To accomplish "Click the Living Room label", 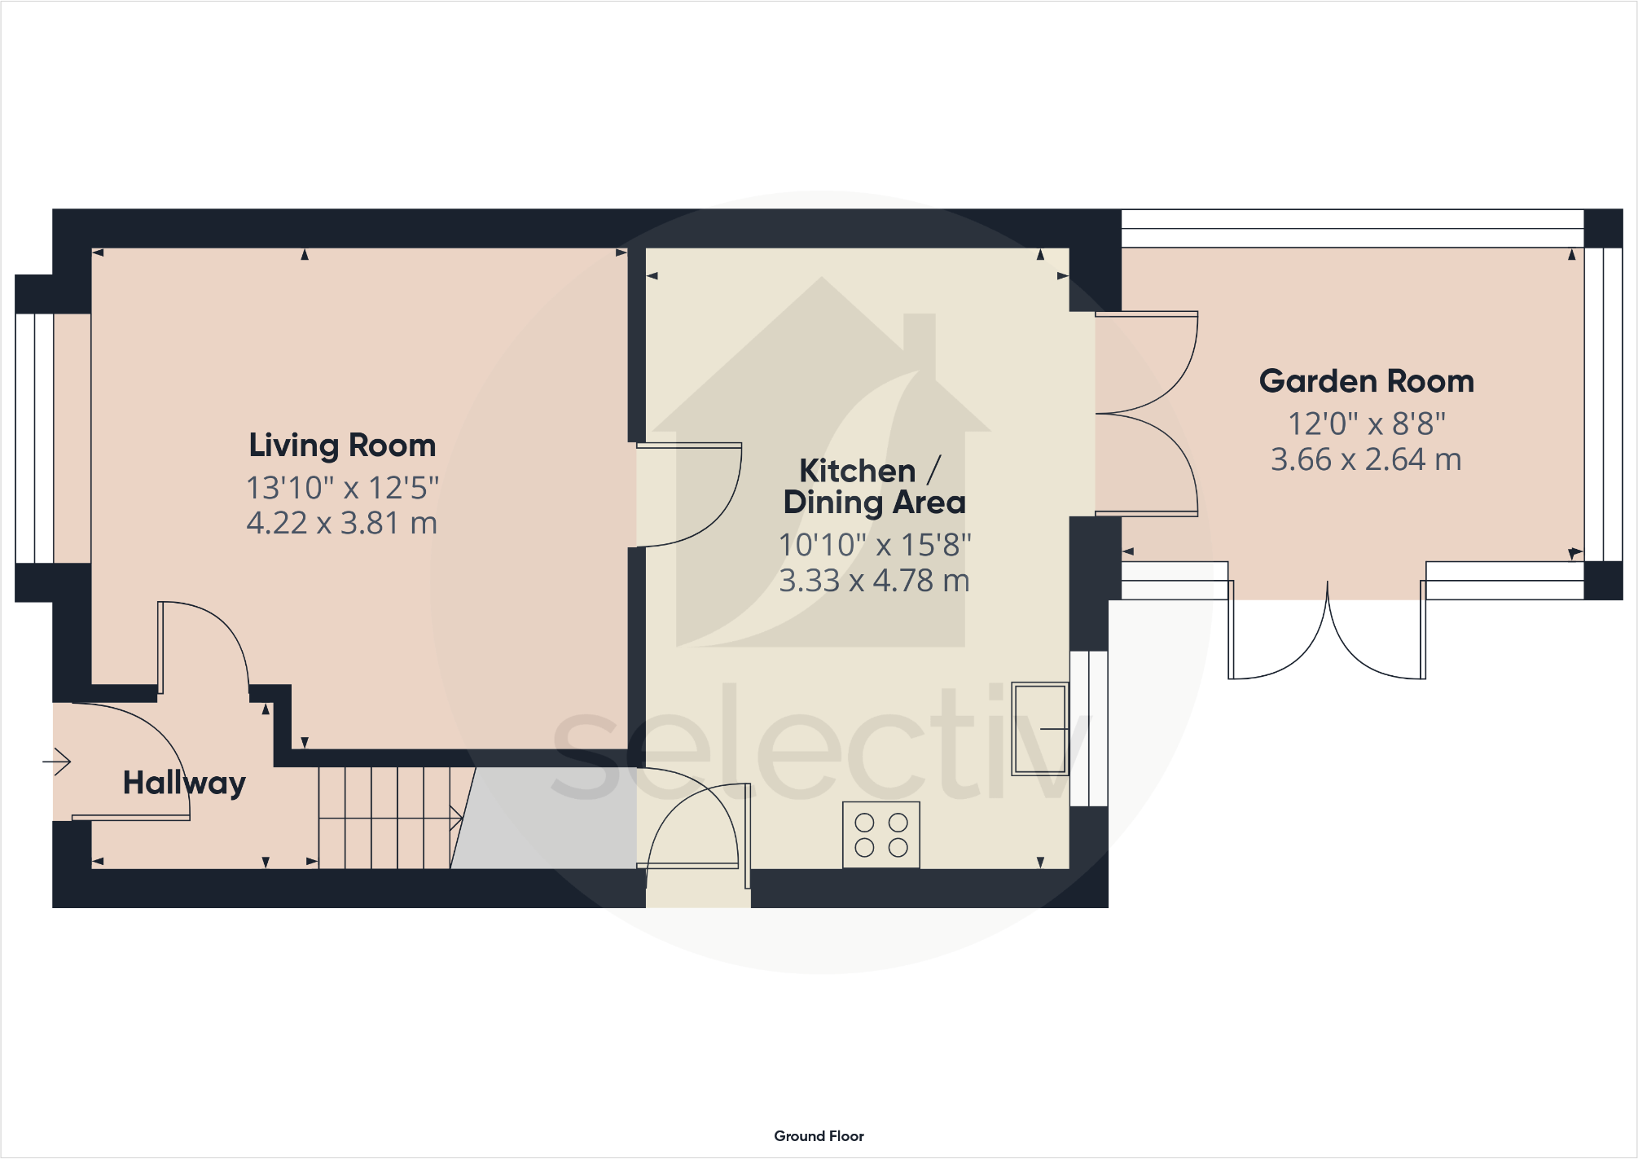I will (x=342, y=446).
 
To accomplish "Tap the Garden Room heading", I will (x=1366, y=381).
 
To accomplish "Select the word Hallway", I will (x=184, y=783).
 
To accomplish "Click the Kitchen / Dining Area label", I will (x=874, y=486).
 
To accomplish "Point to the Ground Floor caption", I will (x=819, y=1135).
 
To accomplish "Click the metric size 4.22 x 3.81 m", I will (x=342, y=523).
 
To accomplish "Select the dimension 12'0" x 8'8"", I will (x=1366, y=424).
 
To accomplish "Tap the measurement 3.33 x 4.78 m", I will (x=874, y=581).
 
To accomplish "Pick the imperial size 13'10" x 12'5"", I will (x=342, y=488).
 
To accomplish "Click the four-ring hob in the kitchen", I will (x=880, y=835).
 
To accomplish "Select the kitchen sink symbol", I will (x=1039, y=728).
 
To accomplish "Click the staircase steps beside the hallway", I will (x=384, y=817).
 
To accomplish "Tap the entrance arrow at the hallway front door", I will (x=57, y=762).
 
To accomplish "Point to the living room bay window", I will (x=34, y=438).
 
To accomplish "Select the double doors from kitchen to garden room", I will (x=1144, y=414).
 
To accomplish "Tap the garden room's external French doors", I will (x=1327, y=631).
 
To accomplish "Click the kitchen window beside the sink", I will (x=1088, y=728).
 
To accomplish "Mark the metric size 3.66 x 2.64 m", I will (x=1366, y=459).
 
